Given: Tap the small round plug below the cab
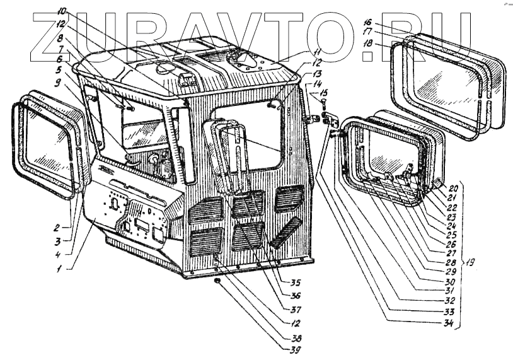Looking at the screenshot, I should tap(217, 280).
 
